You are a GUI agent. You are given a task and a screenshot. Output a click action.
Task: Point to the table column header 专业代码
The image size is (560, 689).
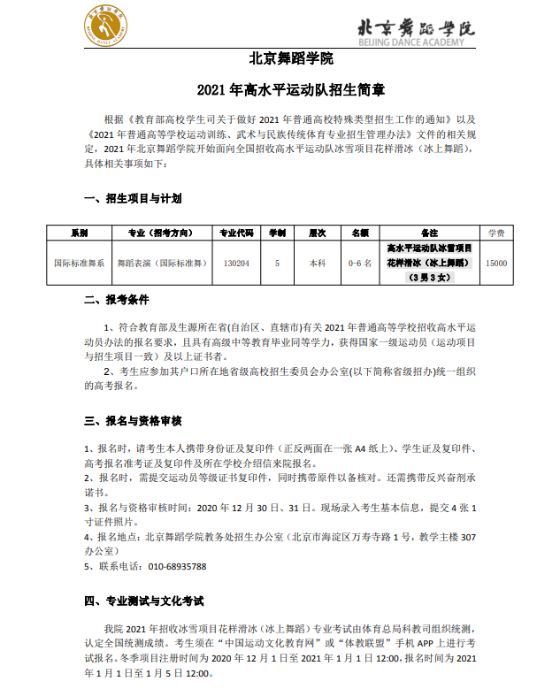(236, 233)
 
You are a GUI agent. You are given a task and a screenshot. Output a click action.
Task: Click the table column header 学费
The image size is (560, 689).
(496, 233)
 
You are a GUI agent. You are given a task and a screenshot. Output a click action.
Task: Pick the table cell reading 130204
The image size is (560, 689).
(236, 263)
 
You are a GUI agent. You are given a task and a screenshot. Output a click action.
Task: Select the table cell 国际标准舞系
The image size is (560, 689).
(80, 263)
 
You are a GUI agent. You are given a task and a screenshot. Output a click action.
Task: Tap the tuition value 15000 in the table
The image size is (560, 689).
(496, 263)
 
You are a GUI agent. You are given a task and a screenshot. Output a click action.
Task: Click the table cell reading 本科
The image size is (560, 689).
(317, 263)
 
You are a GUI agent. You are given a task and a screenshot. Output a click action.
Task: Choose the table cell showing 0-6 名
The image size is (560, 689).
(360, 263)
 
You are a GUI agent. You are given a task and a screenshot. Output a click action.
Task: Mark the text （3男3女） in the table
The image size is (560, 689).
(430, 278)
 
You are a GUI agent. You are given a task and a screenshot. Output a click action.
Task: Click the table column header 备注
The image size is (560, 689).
(430, 233)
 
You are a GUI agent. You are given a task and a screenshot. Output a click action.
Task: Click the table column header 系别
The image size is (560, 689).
(80, 233)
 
